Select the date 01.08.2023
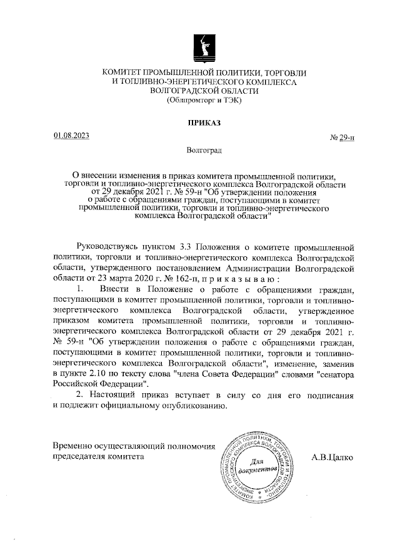coord(72,136)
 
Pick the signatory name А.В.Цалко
coord(331,457)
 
